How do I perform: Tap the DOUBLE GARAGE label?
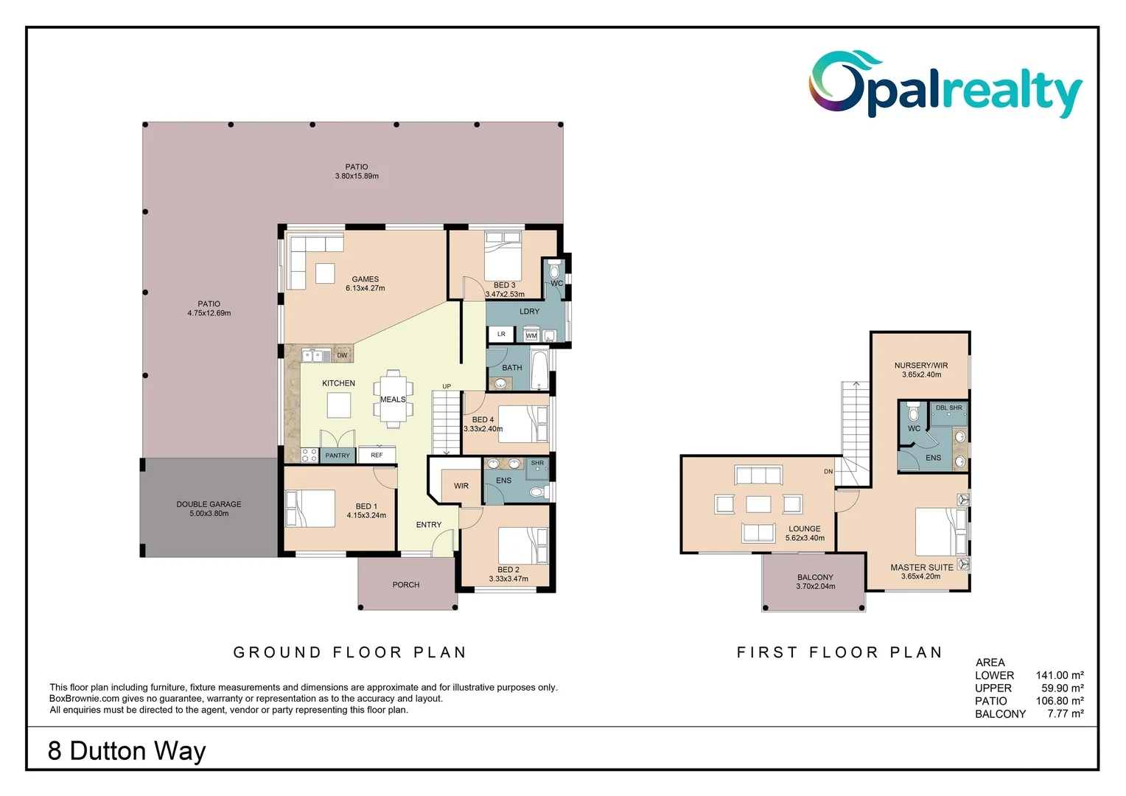[209, 504]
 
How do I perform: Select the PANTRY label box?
[338, 455]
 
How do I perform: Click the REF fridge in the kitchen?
[377, 455]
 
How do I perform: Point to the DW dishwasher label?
[342, 355]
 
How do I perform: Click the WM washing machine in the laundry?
[531, 335]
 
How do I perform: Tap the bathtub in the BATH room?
[539, 370]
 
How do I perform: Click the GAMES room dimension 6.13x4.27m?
[365, 288]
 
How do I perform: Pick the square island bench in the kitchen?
[339, 405]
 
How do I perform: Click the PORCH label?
[405, 584]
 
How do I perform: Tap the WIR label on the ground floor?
[461, 486]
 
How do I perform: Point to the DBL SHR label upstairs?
[948, 408]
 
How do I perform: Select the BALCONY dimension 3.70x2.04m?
[815, 587]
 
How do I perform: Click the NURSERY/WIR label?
[921, 365]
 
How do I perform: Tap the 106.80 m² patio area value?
[1059, 701]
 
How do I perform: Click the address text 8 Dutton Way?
[127, 750]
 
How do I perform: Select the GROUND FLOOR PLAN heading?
[350, 652]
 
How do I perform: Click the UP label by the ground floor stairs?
[447, 386]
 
